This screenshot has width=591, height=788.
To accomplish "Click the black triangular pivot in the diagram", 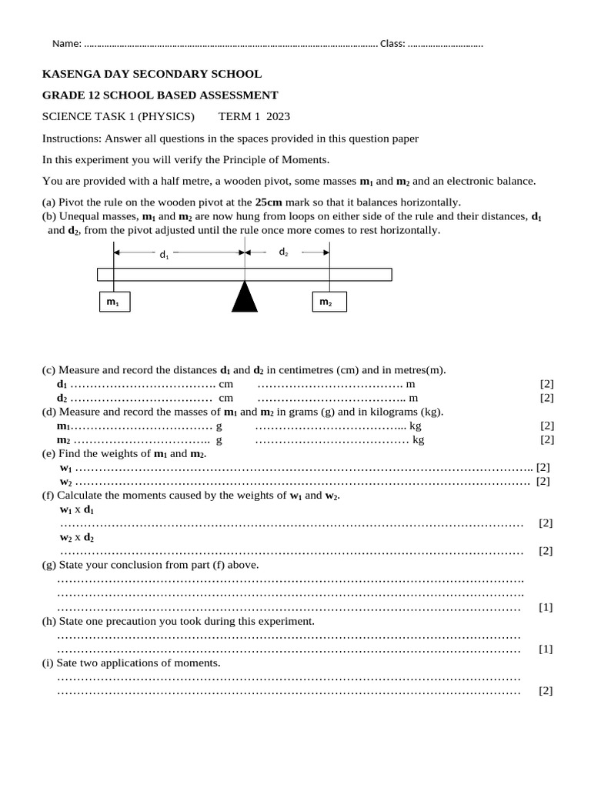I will tap(245, 298).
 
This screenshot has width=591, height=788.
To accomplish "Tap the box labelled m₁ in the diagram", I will tap(114, 302).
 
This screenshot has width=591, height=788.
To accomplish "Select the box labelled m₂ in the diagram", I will tap(329, 302).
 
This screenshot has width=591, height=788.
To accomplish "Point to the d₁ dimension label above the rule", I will tap(164, 255).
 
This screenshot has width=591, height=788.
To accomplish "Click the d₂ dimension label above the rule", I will tap(283, 252).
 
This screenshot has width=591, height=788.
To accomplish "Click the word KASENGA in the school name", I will tap(74, 75).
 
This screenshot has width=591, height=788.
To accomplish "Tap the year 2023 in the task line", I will tap(277, 117).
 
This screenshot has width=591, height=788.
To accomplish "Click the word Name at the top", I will tap(65, 44).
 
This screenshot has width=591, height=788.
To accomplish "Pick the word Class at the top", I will tap(392, 44).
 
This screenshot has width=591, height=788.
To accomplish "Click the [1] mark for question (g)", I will tap(546, 607).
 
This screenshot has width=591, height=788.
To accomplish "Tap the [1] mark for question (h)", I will tap(546, 649).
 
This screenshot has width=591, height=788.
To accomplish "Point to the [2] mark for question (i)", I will tap(546, 690).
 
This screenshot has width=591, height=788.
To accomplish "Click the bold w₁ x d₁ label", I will tap(77, 510).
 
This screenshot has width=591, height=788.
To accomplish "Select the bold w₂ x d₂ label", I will tap(77, 538).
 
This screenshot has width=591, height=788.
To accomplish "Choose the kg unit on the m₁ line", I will tap(416, 426).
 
